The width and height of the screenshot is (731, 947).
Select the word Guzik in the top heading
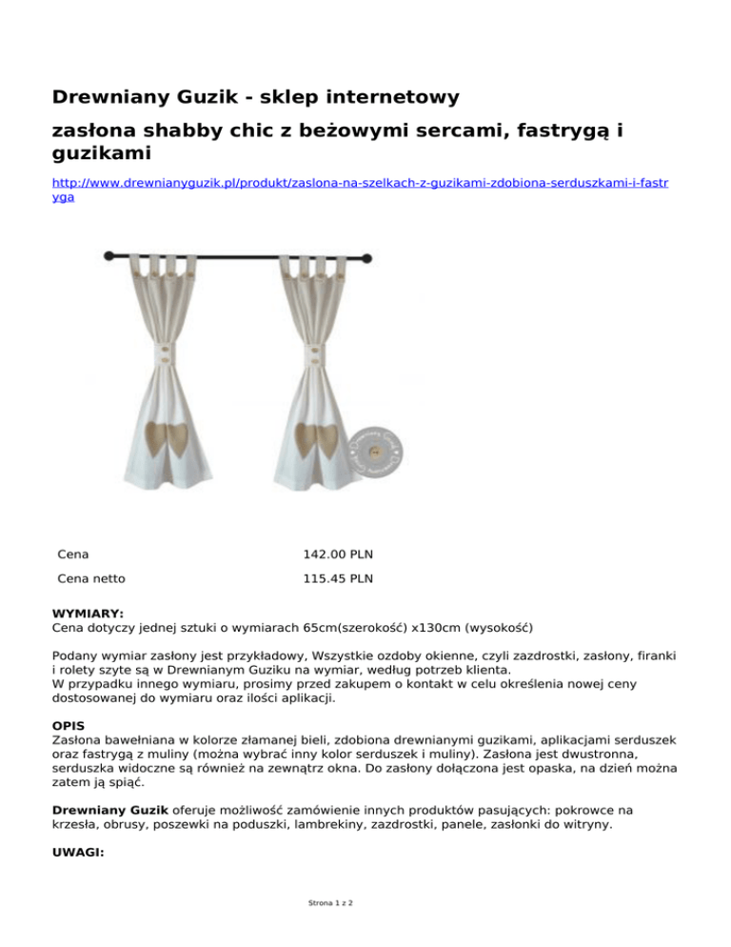(201, 97)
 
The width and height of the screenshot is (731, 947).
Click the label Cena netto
(91, 577)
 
